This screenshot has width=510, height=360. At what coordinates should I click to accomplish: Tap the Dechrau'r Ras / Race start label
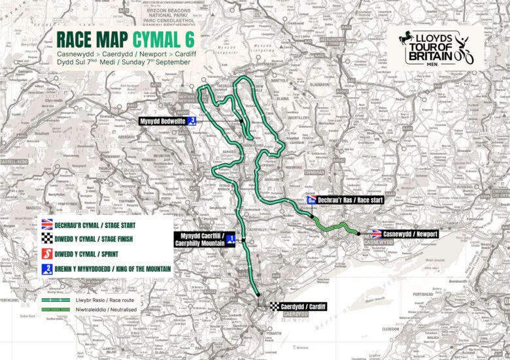(x=350, y=200)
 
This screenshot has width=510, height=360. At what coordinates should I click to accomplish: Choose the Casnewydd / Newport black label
(x=409, y=233)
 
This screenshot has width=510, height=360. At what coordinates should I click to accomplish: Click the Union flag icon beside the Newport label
(x=377, y=233)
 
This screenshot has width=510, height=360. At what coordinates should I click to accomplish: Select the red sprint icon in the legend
(x=46, y=254)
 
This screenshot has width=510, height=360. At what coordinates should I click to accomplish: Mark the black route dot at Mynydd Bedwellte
(x=241, y=121)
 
